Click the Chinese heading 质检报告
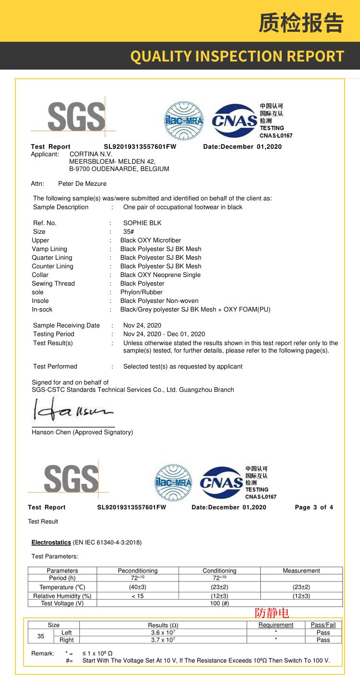tap(301, 23)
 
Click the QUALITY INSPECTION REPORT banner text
tap(237, 56)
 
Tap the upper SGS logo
tap(76, 117)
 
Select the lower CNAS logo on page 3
tap(221, 482)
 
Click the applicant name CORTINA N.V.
tap(91, 154)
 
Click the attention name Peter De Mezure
tap(82, 183)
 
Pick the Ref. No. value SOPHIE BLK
tap(142, 223)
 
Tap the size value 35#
tap(129, 231)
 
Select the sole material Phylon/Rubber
tap(141, 292)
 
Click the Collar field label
tap(40, 275)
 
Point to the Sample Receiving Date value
tap(142, 325)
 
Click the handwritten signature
tap(72, 411)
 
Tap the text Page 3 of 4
tap(313, 507)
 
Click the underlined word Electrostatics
tap(51, 542)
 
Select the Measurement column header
tap(301, 571)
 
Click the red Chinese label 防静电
tap(272, 613)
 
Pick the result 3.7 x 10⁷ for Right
tap(162, 640)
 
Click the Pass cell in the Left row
tap(323, 633)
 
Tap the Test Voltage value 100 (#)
tap(219, 603)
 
